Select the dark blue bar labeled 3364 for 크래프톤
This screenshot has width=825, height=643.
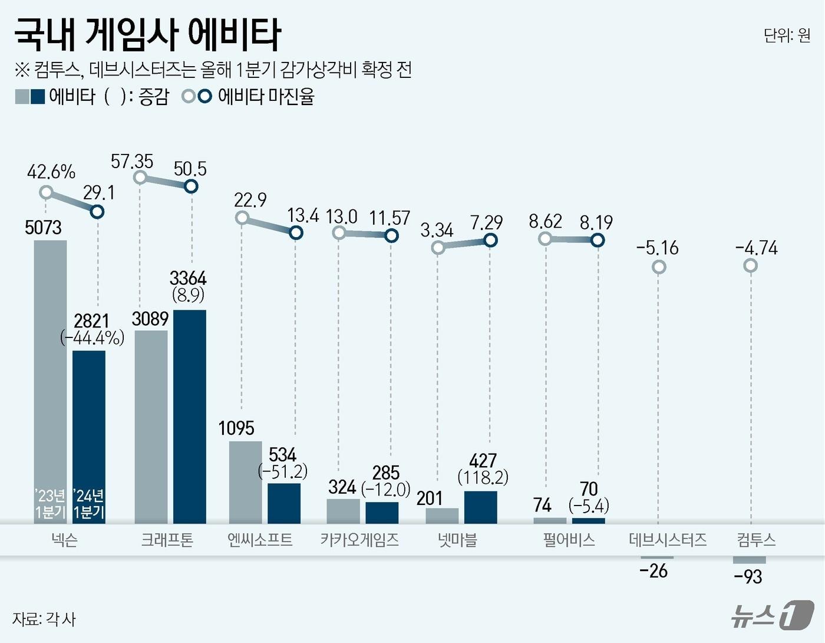190,416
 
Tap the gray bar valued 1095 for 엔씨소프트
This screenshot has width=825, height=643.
245,481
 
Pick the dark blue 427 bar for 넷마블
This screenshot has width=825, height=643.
480,507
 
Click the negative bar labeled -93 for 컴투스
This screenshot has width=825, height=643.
750,560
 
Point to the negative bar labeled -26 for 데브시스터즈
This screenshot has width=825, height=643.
656,557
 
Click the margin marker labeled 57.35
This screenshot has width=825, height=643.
140,178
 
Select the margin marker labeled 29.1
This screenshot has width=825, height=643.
98,211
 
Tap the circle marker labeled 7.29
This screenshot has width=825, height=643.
490,240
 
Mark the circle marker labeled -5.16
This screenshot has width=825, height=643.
659,267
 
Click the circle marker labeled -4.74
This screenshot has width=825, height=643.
750,266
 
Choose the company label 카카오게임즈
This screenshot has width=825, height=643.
359,540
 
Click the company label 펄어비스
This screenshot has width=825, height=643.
569,540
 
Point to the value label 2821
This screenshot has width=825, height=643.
91,321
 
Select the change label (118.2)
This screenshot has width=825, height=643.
483,477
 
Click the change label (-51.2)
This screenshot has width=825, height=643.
283,471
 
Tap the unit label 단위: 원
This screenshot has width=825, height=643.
787,35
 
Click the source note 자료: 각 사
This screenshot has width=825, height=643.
44,619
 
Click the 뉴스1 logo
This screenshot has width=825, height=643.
771,615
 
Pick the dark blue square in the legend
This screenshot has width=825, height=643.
38,96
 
